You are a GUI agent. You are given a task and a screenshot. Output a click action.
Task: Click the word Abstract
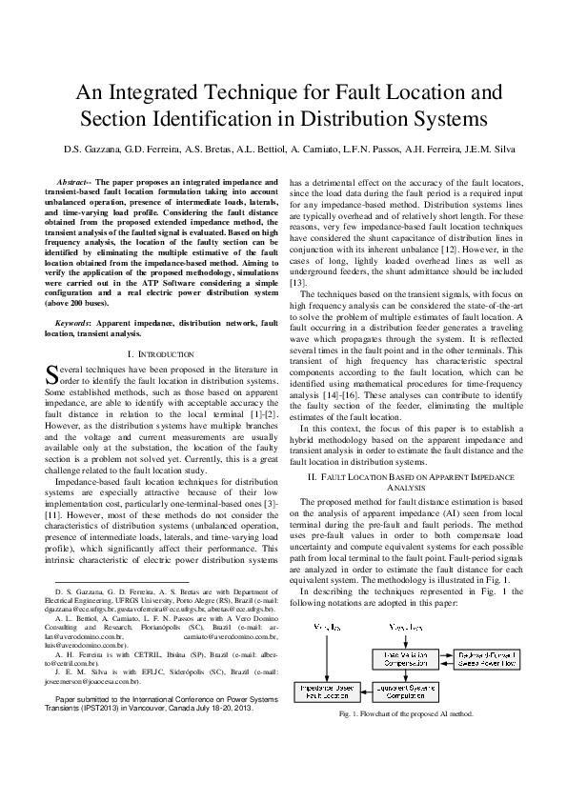click(75, 181)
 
